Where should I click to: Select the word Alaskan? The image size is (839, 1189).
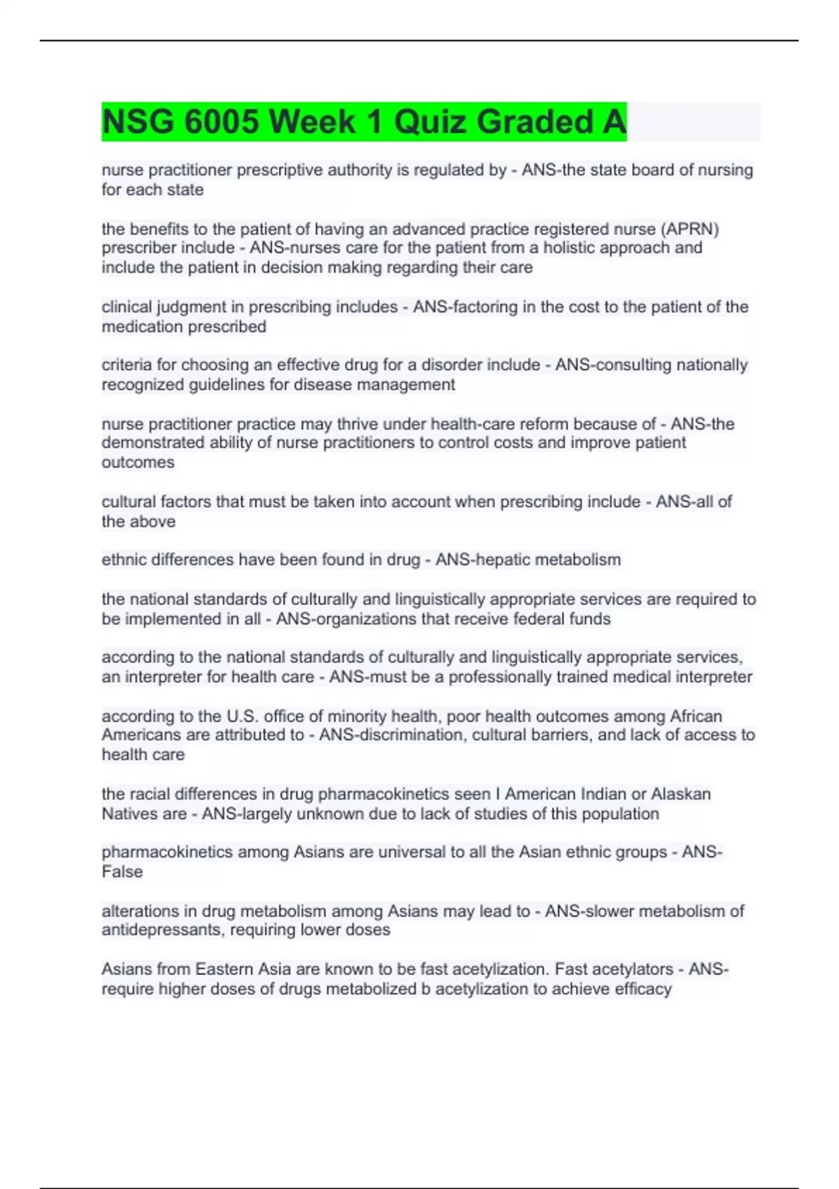(x=681, y=794)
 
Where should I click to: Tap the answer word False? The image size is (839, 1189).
(x=122, y=872)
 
